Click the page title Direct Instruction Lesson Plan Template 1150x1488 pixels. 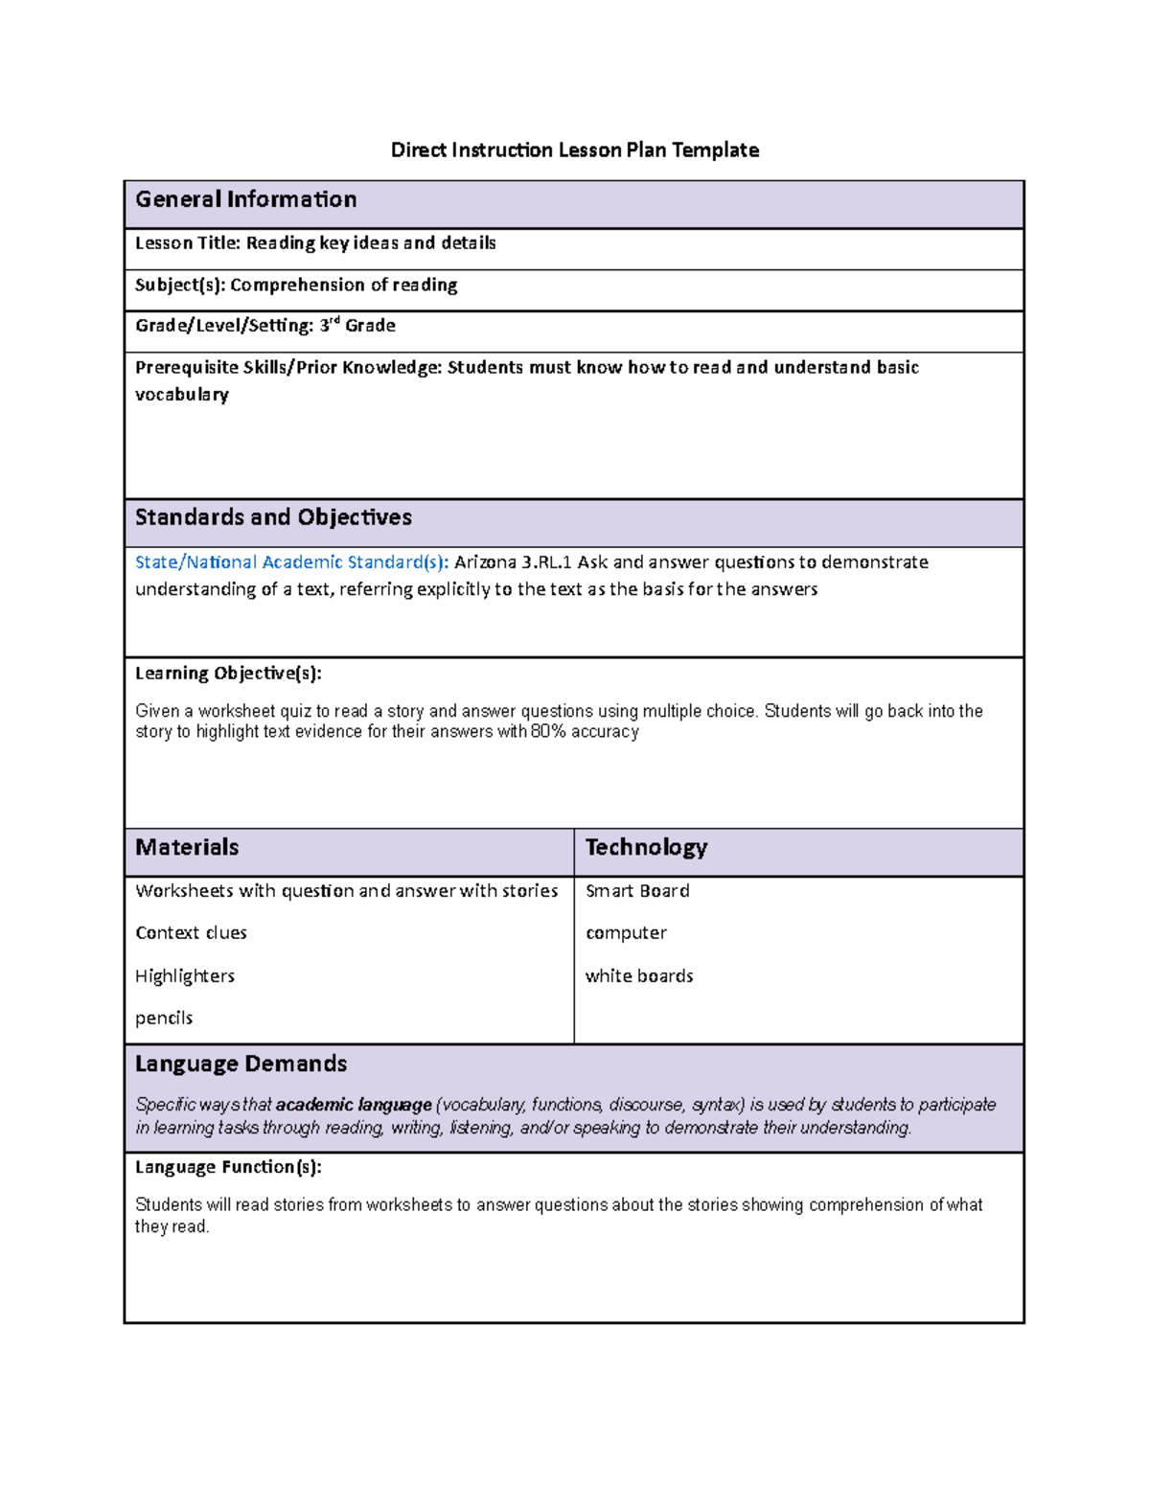click(574, 149)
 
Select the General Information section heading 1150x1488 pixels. click(245, 199)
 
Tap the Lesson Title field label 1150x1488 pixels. click(187, 243)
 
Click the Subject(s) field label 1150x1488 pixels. click(180, 286)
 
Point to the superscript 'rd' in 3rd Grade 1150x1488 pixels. click(334, 321)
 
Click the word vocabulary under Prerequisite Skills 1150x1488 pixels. click(182, 395)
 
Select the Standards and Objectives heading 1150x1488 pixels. click(273, 517)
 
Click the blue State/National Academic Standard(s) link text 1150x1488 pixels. click(291, 562)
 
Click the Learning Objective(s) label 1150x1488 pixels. click(228, 674)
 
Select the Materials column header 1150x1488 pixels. click(187, 847)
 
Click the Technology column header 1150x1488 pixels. click(646, 847)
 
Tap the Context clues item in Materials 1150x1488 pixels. click(191, 933)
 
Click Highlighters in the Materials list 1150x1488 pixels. click(185, 976)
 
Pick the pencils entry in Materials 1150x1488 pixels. click(164, 1019)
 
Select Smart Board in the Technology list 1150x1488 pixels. click(637, 891)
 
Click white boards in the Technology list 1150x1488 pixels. click(639, 976)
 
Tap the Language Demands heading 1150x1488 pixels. click(241, 1064)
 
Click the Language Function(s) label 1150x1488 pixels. click(228, 1167)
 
